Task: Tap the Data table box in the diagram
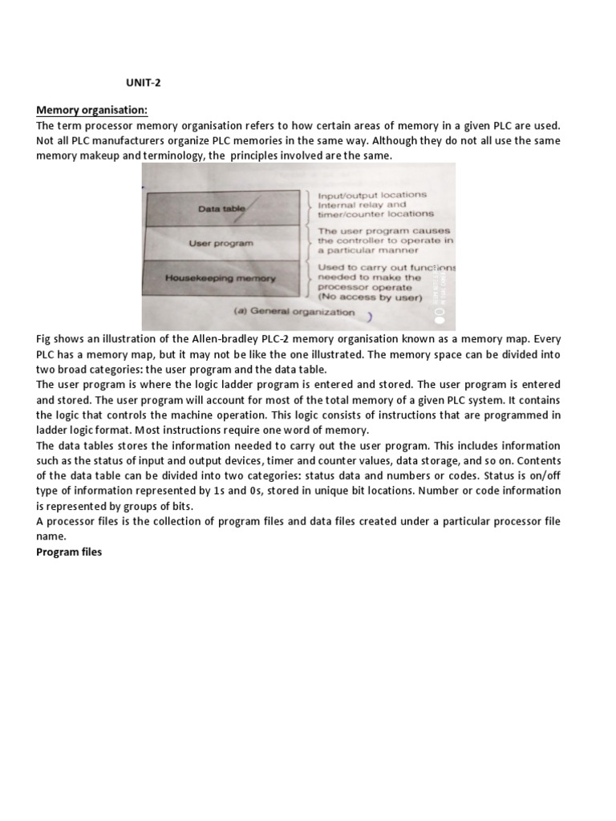click(222, 208)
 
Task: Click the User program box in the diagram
click(221, 242)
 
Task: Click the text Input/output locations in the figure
click(371, 195)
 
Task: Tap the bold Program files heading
click(69, 552)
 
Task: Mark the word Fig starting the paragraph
click(45, 339)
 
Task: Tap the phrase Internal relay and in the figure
click(362, 204)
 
